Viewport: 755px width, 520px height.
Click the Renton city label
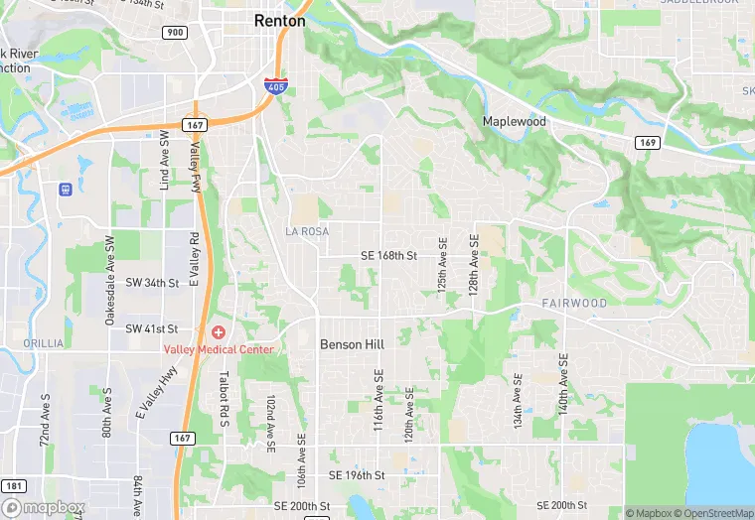click(279, 20)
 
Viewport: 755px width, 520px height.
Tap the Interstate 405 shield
click(272, 87)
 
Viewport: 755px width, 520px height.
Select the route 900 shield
click(174, 33)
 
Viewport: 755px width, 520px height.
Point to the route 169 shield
click(647, 144)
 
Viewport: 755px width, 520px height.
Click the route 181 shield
click(14, 486)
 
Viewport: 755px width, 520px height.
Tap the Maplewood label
click(514, 121)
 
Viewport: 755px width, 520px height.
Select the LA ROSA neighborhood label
click(306, 231)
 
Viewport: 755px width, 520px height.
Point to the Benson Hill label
click(351, 344)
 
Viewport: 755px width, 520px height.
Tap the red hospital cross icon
click(218, 331)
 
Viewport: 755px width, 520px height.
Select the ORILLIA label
click(44, 343)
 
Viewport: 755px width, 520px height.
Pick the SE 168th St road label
click(388, 256)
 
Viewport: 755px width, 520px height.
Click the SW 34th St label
click(152, 283)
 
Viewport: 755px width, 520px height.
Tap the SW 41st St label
click(152, 328)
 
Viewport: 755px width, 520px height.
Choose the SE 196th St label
click(357, 475)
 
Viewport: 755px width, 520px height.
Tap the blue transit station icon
click(66, 189)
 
